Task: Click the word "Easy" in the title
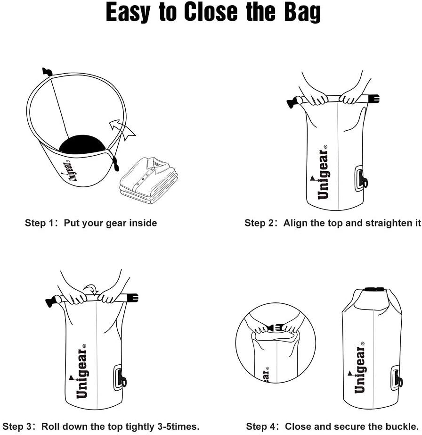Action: click(x=128, y=13)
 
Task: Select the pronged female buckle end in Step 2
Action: click(x=372, y=100)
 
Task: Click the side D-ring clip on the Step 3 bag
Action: click(x=121, y=376)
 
